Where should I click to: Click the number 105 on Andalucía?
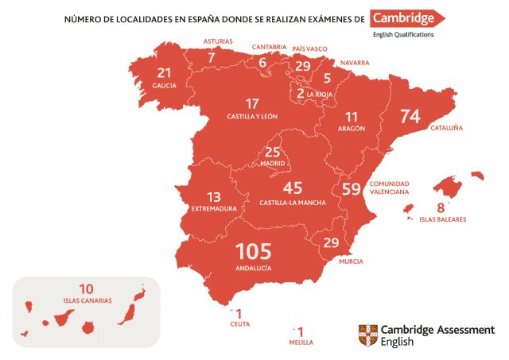tap(254, 252)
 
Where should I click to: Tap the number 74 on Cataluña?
tap(410, 116)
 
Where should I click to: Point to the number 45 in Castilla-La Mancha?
tap(293, 188)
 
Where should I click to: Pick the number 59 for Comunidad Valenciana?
tap(351, 189)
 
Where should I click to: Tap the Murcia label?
tap(350, 261)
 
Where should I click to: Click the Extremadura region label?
tap(214, 209)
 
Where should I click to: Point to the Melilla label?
tap(301, 342)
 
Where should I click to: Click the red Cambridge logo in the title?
tap(408, 18)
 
